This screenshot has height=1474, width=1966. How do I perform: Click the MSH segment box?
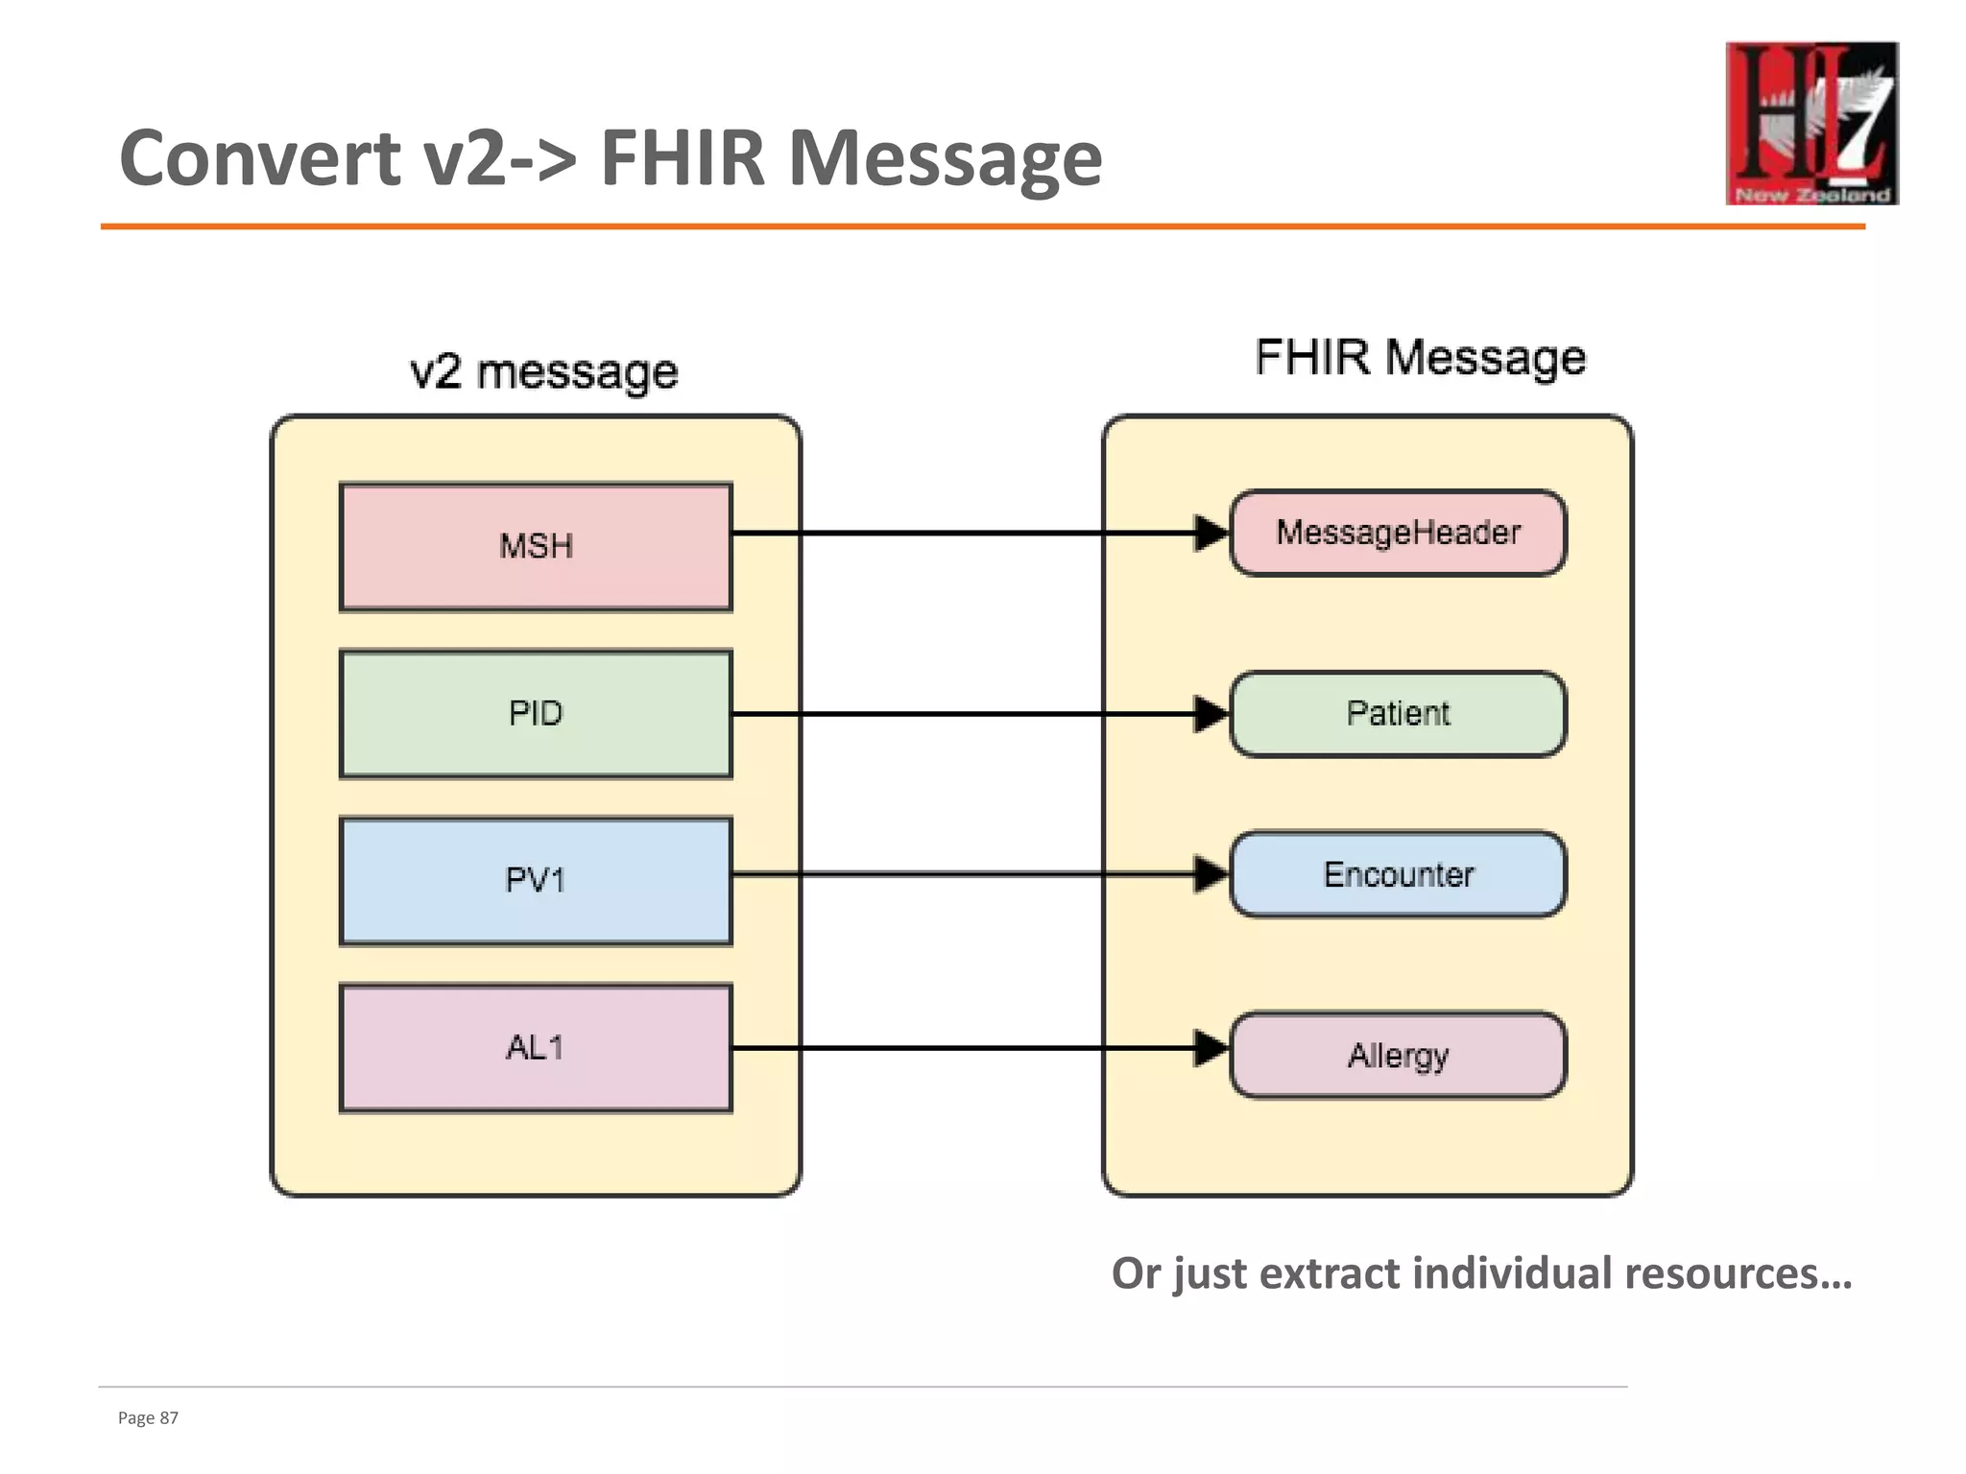coord(536,547)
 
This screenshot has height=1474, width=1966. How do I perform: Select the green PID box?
coord(536,714)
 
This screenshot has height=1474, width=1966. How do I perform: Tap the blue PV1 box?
coord(536,881)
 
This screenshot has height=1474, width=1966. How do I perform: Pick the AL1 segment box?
coord(536,1048)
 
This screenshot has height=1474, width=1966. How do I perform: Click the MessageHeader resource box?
coord(1398,533)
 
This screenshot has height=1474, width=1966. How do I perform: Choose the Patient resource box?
coord(1398,714)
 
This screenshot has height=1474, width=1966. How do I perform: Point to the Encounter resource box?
coord(1398,874)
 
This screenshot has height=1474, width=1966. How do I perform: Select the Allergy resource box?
coord(1398,1055)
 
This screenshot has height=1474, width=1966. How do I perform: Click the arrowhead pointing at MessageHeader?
coord(1211,533)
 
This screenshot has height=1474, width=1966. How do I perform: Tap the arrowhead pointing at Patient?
coord(1211,714)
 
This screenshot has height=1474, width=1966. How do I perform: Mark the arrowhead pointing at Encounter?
coord(1211,874)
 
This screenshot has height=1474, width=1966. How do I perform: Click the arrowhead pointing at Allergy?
coord(1211,1048)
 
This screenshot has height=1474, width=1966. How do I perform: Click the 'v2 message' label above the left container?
coord(543,372)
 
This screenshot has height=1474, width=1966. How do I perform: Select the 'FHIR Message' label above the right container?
coord(1420,358)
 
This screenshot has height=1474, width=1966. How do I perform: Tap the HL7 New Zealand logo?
coord(1811,123)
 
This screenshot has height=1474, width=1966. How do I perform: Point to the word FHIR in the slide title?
coord(682,158)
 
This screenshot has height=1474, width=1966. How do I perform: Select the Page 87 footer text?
coord(148,1418)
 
